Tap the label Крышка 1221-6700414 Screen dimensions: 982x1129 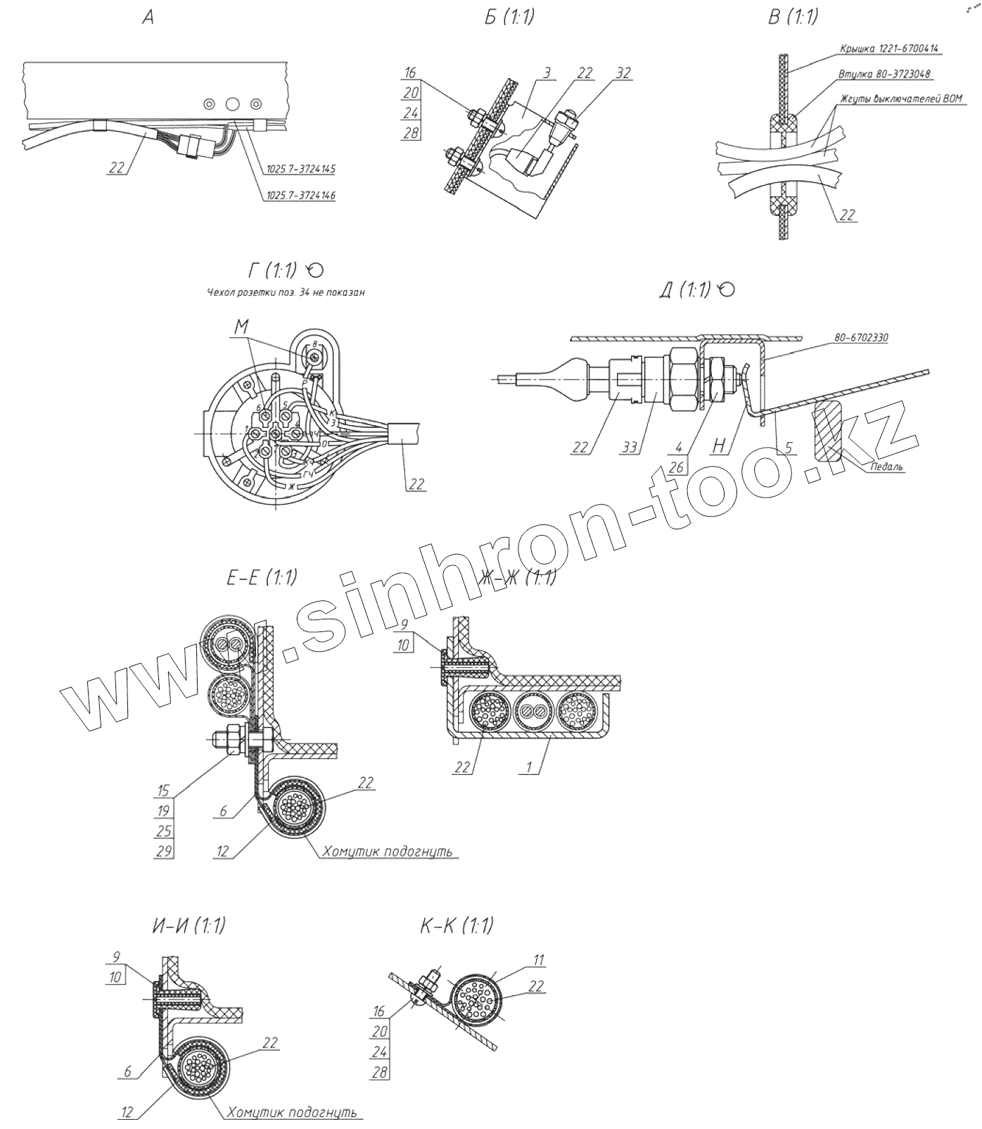pos(889,49)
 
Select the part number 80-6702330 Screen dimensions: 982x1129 pos(861,337)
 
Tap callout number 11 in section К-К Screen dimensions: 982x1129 pos(539,959)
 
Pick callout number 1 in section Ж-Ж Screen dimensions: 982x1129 pos(530,767)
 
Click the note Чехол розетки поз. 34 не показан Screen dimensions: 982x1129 pos(286,293)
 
